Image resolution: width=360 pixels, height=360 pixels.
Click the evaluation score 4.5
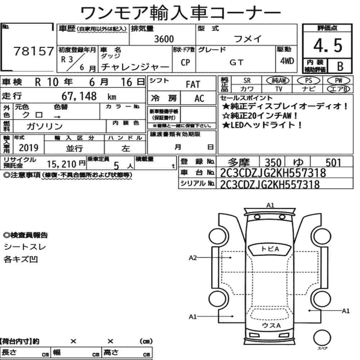tap(328, 45)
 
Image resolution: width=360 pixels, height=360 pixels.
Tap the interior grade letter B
tap(340, 66)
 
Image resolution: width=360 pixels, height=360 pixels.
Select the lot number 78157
tap(34, 51)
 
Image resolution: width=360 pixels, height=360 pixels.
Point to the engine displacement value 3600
tap(164, 39)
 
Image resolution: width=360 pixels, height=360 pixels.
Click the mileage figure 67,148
tap(79, 96)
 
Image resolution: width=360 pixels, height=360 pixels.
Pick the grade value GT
tap(236, 62)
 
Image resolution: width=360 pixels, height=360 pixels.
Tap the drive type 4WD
tap(287, 61)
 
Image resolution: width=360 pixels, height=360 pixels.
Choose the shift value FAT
tap(193, 85)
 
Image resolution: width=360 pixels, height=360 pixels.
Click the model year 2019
tap(28, 148)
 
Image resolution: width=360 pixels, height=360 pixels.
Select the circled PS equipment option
tap(309, 81)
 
